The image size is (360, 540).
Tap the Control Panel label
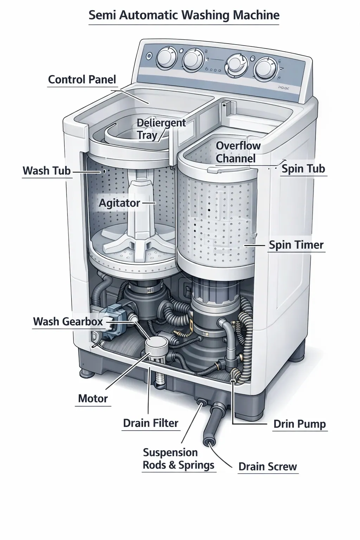coord(82,79)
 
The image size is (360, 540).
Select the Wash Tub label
coord(47,171)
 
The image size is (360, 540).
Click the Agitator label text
coord(120,203)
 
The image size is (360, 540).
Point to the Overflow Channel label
coord(238,152)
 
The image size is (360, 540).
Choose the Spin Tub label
coord(303,169)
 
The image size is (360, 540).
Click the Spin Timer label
coord(296,245)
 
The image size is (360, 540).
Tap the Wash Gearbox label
coord(68,321)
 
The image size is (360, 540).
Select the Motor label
coord(93,398)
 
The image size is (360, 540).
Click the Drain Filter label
coord(150,423)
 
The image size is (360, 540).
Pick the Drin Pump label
coord(300,424)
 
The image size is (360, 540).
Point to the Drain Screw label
coord(268,467)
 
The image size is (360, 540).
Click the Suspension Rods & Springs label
coord(179,459)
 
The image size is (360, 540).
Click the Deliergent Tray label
coord(161,129)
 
